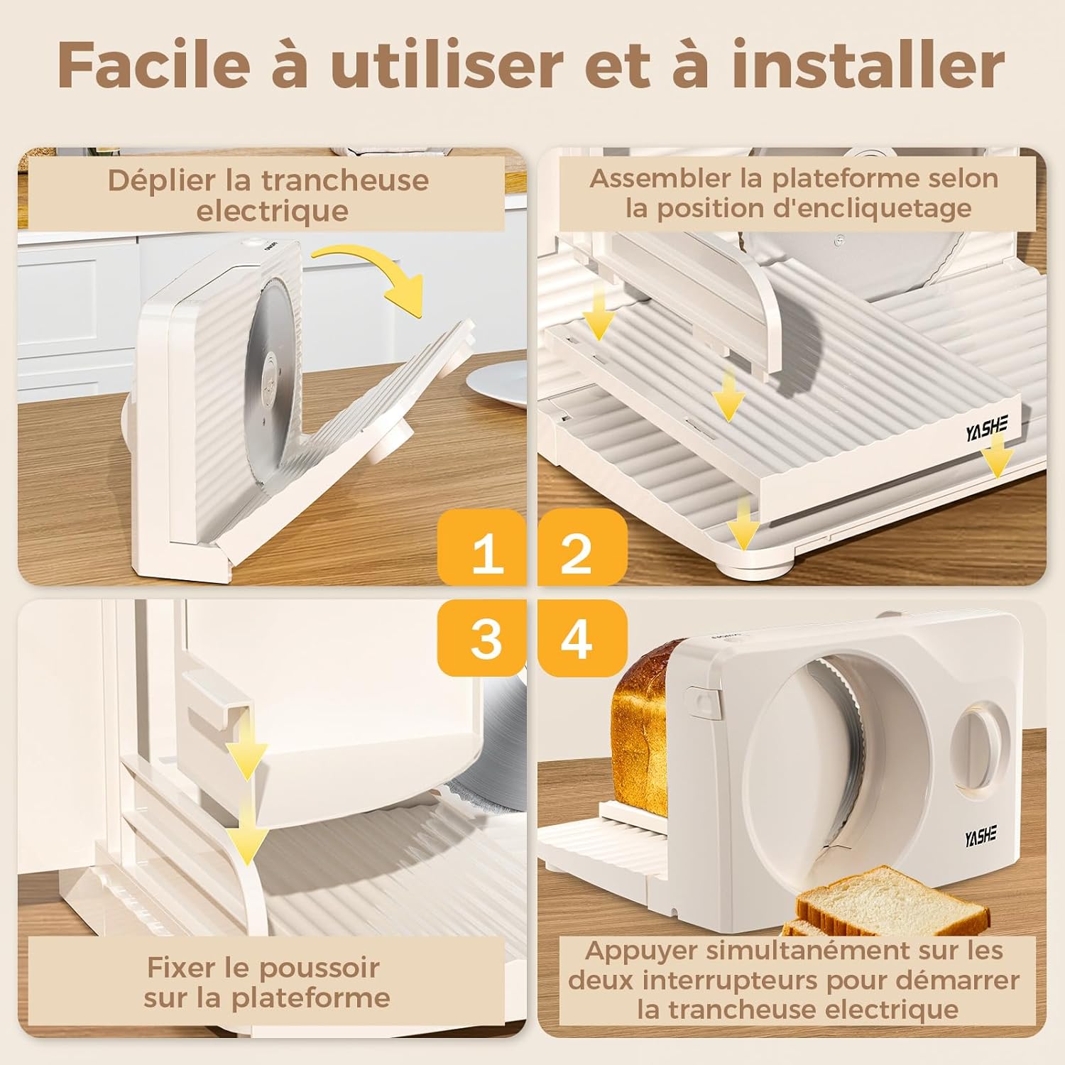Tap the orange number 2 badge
click(579, 552)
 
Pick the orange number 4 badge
click(579, 638)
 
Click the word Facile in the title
click(153, 65)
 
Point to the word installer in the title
click(868, 65)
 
